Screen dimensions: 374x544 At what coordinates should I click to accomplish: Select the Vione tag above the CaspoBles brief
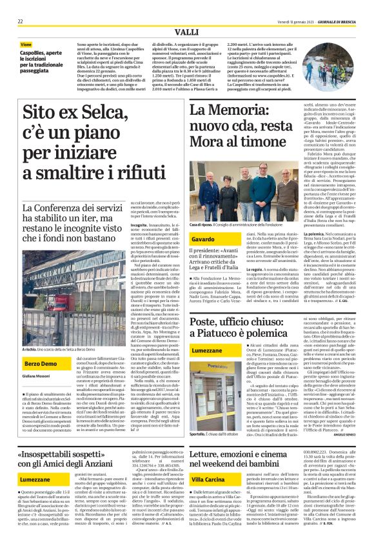28,44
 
